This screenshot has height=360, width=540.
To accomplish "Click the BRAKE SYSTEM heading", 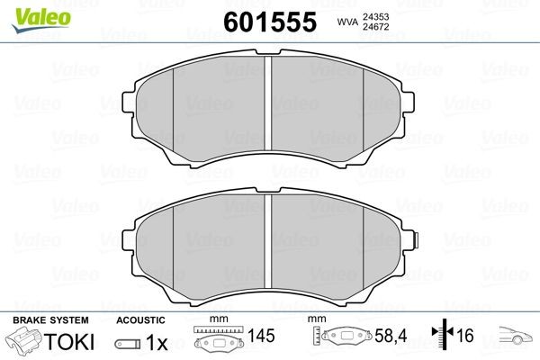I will click(x=49, y=319).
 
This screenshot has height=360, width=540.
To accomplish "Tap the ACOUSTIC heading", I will click(x=141, y=319).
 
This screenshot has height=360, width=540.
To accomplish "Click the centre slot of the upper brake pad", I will click(x=271, y=103).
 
